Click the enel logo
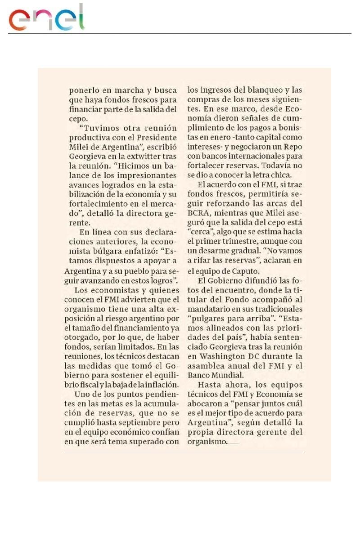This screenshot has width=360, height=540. tap(47, 18)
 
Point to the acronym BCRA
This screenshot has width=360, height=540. tap(199, 214)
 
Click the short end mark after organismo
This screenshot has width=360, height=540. tap(234, 443)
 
